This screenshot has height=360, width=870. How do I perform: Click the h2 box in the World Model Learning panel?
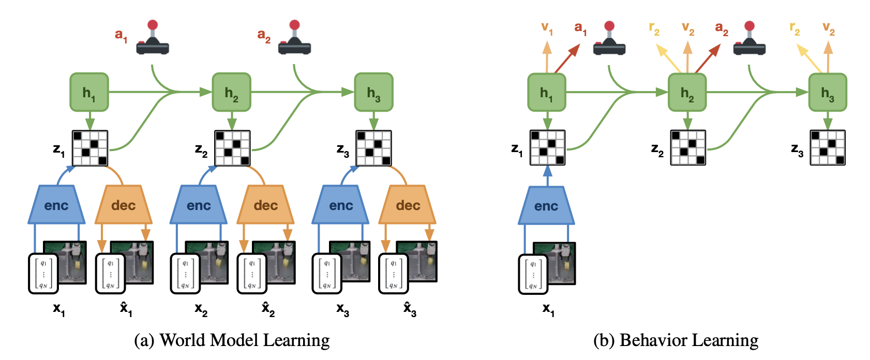(x=231, y=92)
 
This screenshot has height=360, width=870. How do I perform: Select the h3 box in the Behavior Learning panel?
(x=828, y=93)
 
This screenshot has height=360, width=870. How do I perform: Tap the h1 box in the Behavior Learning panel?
(x=546, y=93)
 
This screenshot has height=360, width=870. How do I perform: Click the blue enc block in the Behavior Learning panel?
(x=546, y=206)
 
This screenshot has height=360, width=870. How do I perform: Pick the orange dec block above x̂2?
(x=265, y=205)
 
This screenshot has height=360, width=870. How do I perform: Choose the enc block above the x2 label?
(x=199, y=205)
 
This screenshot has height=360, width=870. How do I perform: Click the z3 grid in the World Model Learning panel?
(x=373, y=148)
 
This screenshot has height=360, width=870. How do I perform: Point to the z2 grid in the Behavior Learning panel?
(x=688, y=148)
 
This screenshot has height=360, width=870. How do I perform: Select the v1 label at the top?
(x=547, y=28)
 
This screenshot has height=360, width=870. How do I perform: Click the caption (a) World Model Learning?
(x=232, y=340)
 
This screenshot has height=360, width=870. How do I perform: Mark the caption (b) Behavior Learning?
(x=676, y=340)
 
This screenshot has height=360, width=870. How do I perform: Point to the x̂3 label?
(x=410, y=310)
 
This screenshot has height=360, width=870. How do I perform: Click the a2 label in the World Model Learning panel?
(x=264, y=36)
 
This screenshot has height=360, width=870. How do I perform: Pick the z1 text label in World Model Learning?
(x=59, y=151)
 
